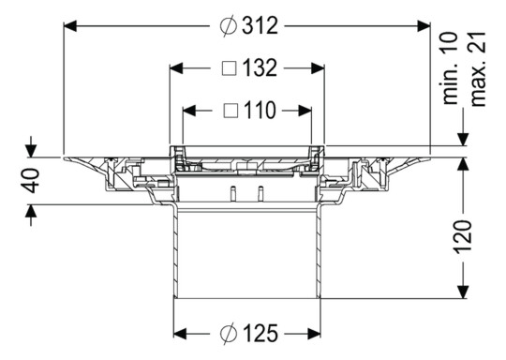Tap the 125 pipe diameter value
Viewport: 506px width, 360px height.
[260, 333]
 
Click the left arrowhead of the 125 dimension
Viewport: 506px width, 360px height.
[181, 333]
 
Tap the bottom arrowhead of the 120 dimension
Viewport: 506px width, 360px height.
[462, 292]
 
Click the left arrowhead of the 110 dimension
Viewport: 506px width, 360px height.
[187, 111]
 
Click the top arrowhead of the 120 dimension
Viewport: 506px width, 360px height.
[462, 164]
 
